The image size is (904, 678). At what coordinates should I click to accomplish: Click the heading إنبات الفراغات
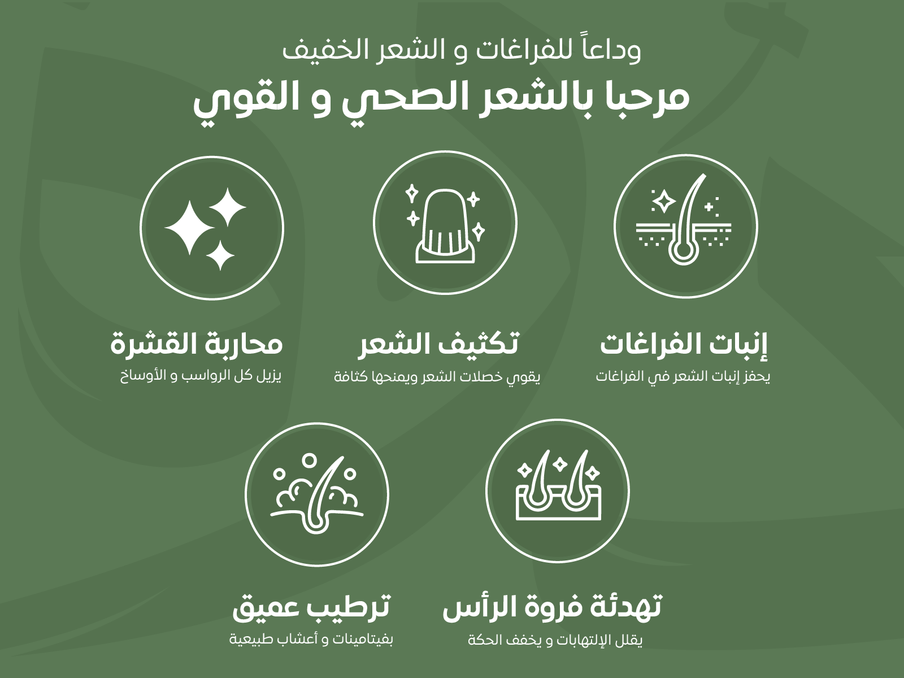(684, 345)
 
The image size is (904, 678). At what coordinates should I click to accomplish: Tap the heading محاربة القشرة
(197, 345)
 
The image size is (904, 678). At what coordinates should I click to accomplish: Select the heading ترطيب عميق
(311, 609)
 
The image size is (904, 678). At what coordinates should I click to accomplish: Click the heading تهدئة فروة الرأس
(551, 607)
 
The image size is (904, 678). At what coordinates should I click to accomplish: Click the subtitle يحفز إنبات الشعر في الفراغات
(683, 377)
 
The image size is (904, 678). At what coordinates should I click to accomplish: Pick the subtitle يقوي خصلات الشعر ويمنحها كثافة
(437, 377)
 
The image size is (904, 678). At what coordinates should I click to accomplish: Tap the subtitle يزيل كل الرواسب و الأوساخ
(201, 376)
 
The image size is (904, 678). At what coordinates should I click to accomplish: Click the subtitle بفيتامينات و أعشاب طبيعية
(311, 640)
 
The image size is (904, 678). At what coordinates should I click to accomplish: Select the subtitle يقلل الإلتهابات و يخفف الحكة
(555, 640)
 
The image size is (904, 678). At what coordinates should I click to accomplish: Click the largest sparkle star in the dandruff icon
(189, 228)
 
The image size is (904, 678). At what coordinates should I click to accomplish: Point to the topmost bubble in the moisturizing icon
(308, 459)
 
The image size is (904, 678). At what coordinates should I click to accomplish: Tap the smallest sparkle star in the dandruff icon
(220, 255)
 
